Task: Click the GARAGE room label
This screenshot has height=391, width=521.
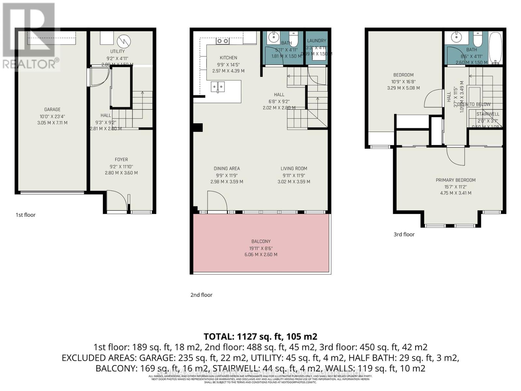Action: coord(52,109)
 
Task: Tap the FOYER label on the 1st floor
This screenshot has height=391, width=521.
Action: coord(121,159)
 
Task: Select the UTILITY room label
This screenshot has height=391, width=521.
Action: coord(117,51)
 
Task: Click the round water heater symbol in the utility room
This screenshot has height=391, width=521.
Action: coord(124,41)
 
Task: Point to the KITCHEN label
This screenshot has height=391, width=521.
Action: coord(228,58)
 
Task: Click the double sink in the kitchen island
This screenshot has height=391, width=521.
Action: coord(218,86)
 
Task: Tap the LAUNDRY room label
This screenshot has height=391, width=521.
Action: coord(317,41)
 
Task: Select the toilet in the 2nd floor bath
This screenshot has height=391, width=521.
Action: coord(294,38)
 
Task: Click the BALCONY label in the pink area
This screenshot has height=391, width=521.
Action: coord(261,241)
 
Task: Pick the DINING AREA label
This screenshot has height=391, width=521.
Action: coord(227,168)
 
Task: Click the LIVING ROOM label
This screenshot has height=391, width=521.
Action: coord(294,168)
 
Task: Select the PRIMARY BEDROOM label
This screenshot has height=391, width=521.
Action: coord(456,180)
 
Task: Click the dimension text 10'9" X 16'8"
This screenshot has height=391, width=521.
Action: coord(403,81)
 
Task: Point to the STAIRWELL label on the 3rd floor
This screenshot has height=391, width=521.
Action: coord(487,114)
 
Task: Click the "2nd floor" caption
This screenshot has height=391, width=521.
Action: coord(201,295)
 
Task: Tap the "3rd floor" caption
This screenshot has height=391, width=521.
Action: coord(404,234)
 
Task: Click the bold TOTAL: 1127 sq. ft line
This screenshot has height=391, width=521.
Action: coord(260,336)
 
